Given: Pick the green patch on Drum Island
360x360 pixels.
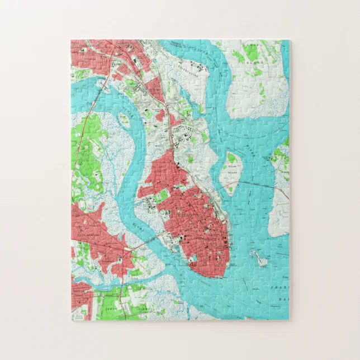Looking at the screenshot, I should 231,159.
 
